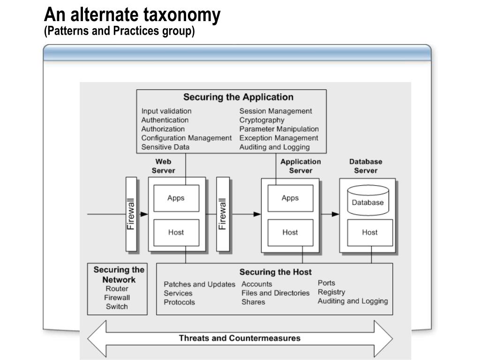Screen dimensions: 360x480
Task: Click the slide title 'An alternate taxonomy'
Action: coord(132,15)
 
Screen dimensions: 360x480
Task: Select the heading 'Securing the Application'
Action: coord(238,97)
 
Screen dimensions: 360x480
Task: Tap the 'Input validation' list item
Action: coord(166,111)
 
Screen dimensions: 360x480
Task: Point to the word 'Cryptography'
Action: coord(262,120)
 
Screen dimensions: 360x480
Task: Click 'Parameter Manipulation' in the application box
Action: coord(279,129)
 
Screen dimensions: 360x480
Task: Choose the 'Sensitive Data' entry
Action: coord(165,147)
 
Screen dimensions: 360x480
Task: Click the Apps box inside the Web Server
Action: coord(176,198)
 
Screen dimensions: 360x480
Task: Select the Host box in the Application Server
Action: coord(290,232)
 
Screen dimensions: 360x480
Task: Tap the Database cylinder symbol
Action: coord(368,200)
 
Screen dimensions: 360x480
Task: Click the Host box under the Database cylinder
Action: coord(369,232)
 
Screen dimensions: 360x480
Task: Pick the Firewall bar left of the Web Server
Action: coord(131,214)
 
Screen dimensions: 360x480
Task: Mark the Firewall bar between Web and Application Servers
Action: coord(223,214)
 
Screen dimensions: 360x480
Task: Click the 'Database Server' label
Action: coord(366,166)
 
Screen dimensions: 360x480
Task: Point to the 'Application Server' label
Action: coord(300,166)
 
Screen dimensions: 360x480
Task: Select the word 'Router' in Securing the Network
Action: coord(117,289)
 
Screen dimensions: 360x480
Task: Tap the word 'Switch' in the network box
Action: coord(117,307)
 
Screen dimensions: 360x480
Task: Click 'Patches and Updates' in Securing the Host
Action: coord(199,285)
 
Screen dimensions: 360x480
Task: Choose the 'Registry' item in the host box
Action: coord(331,292)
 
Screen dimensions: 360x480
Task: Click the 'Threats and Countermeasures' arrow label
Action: coord(240,338)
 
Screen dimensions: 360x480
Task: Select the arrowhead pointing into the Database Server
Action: coord(336,214)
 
